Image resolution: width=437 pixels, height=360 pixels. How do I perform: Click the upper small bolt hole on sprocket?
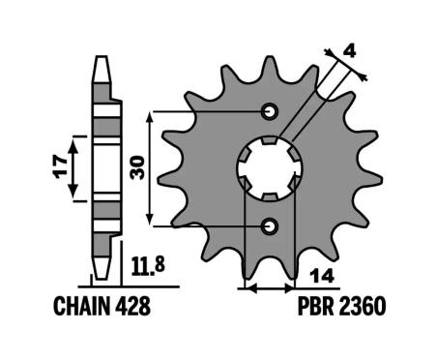270,108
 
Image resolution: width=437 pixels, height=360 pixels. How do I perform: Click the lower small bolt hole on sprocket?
270,225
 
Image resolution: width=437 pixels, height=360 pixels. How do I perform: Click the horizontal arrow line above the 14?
270,287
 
